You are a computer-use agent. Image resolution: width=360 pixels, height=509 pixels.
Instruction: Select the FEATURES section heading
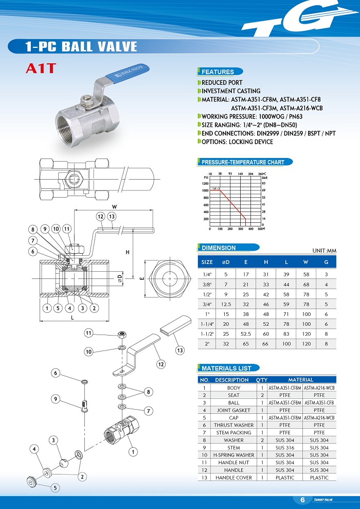click(x=218, y=72)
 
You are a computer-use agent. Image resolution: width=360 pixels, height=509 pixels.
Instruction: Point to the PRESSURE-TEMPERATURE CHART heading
click(x=243, y=162)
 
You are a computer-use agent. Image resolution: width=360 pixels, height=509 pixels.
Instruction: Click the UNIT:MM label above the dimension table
click(x=324, y=251)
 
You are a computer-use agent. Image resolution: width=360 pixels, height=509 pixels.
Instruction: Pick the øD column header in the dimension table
click(x=225, y=262)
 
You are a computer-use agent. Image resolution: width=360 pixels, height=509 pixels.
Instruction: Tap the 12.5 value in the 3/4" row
click(x=225, y=304)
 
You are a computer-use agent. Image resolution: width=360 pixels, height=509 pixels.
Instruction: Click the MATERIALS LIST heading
click(x=226, y=368)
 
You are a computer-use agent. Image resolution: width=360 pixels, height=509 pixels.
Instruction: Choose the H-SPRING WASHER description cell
click(x=233, y=455)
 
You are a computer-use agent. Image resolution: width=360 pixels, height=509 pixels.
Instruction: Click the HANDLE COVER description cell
click(x=233, y=478)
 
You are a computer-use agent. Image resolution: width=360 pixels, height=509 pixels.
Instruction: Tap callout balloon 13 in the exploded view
click(x=179, y=350)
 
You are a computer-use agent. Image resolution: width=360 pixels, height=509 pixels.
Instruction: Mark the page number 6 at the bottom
click(x=302, y=500)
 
